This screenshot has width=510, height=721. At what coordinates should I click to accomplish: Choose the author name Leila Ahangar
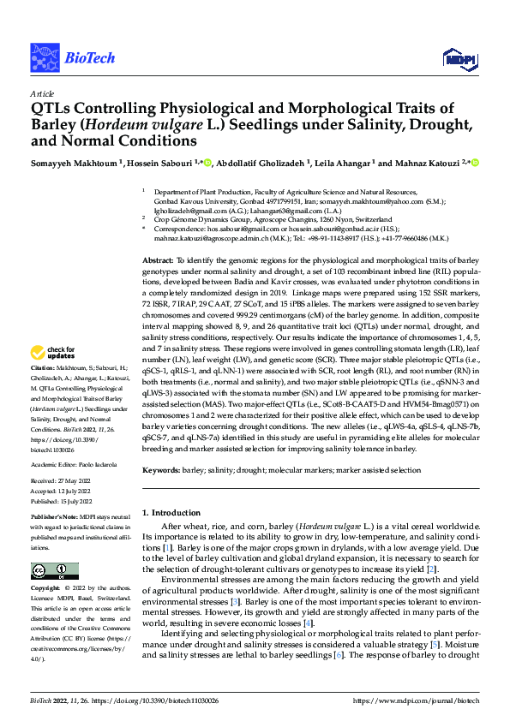click(337, 163)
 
